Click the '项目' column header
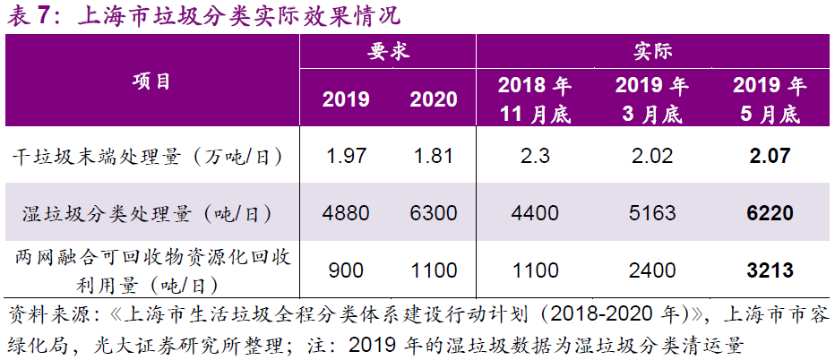pos(151,81)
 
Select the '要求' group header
pos(388,51)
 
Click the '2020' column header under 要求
pos(433,99)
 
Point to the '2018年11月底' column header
pos(534,99)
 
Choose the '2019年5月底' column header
pos(769,99)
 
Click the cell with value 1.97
pos(346,158)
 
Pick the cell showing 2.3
pos(534,158)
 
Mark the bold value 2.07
pos(769,158)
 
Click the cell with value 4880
pos(346,213)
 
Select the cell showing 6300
pos(433,213)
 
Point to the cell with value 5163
pos(651,213)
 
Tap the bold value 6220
pos(769,213)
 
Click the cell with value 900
pos(346,270)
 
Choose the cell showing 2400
pos(651,270)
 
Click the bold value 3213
pos(769,270)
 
